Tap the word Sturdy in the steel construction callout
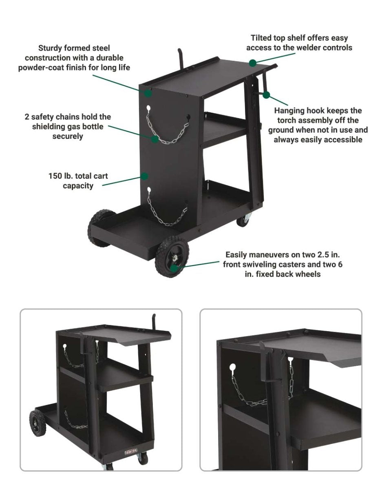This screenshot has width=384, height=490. click(50, 48)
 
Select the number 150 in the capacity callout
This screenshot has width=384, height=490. click(55, 176)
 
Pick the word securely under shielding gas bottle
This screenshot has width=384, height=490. click(68, 136)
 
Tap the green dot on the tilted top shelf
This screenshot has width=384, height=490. click(253, 63)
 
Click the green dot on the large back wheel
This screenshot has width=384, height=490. click(174, 268)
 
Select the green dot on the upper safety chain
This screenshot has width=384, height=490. click(154, 139)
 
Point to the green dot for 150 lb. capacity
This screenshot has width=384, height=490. click(145, 176)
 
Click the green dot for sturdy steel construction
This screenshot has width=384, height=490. click(148, 93)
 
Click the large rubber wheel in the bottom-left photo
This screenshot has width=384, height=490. click(38, 423)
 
